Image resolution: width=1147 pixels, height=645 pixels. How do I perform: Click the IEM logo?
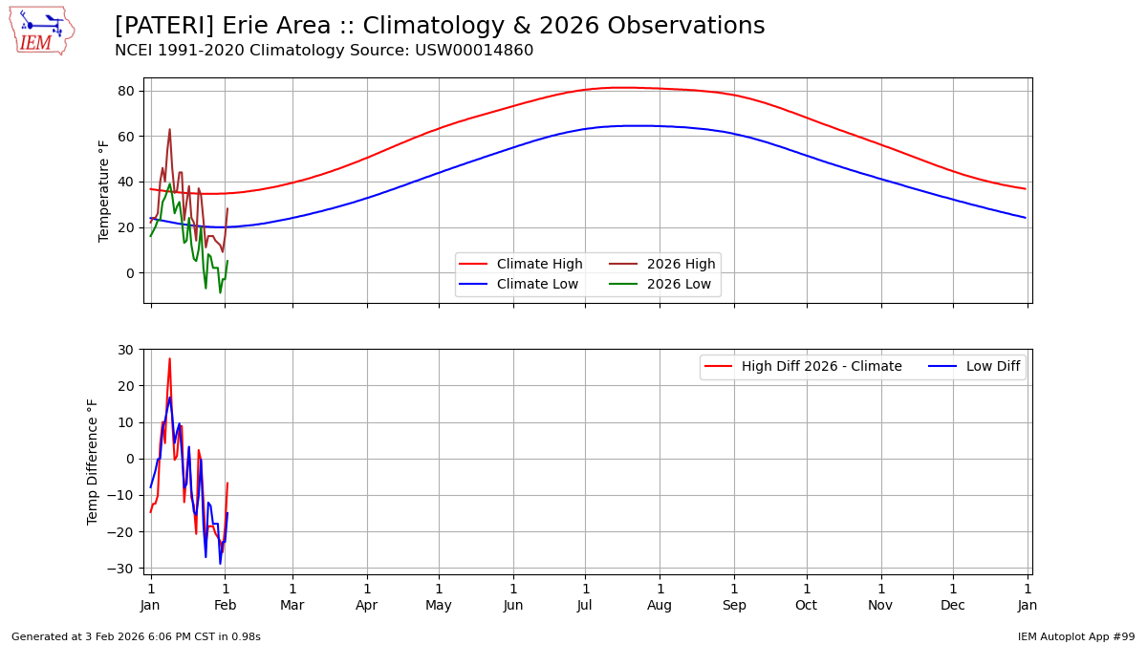[41, 31]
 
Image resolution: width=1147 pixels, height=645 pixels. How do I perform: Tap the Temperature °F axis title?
[104, 190]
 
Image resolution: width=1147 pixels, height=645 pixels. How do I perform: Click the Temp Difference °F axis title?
[93, 462]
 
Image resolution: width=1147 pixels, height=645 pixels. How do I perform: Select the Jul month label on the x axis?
[585, 605]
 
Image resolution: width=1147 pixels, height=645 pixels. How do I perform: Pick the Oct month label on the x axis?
[807, 605]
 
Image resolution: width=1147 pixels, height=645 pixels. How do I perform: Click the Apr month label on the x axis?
[367, 605]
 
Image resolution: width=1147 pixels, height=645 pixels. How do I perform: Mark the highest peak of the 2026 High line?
[169, 130]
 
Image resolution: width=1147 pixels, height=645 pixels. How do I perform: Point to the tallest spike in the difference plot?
[169, 359]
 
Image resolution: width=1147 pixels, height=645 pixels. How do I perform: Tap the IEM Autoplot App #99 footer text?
[1075, 636]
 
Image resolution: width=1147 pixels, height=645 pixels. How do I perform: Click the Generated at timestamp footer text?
[136, 636]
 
